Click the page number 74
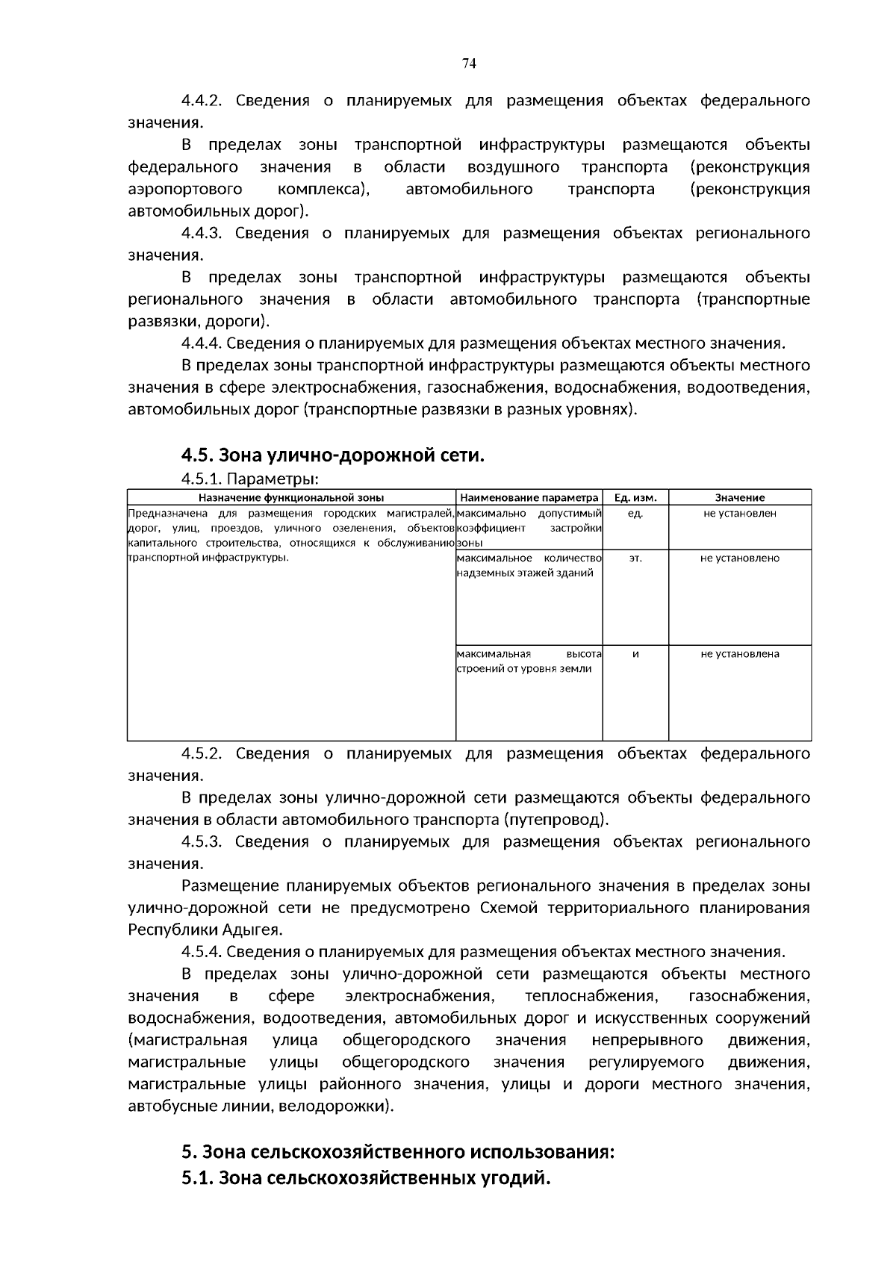point(469,63)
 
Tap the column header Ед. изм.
point(635,497)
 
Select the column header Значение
point(739,497)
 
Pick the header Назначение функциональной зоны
point(291,497)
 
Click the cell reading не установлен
point(739,514)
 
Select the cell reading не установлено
point(739,558)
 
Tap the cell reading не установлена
point(739,654)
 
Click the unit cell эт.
point(635,558)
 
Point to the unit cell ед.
point(635,514)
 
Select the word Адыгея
point(251,930)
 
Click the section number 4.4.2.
point(202,101)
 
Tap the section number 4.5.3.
point(202,842)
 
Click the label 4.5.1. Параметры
point(250,479)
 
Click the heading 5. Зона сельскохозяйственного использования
point(397,1152)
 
